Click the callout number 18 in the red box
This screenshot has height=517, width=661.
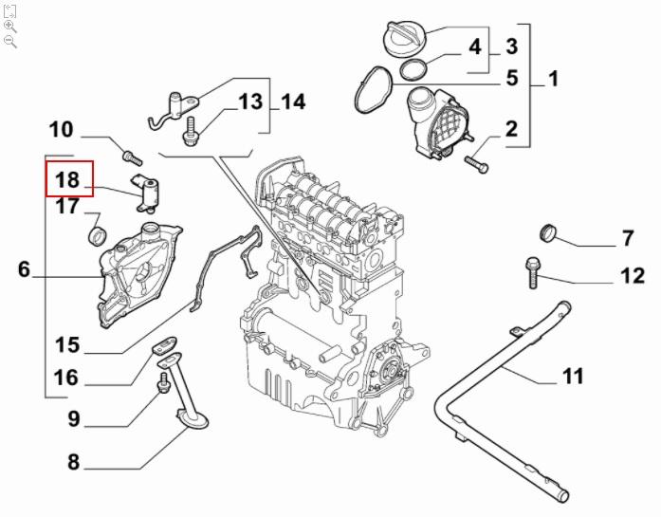coord(68,178)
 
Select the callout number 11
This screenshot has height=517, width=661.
coord(572,378)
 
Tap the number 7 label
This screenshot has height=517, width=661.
coord(627,238)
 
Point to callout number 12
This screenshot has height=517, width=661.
coord(633,276)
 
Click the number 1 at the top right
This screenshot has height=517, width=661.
coord(553,79)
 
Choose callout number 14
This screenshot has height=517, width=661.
coord(294,102)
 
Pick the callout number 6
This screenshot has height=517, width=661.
coord(25,270)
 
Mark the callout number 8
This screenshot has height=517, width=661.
coord(73,464)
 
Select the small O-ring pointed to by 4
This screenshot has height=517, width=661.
coord(413,68)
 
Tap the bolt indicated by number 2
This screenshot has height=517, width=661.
coord(476,166)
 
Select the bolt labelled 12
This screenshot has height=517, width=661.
coord(530,271)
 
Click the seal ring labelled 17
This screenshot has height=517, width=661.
coord(97,234)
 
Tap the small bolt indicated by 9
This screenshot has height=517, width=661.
coord(163,382)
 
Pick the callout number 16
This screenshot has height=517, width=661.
coord(66,379)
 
